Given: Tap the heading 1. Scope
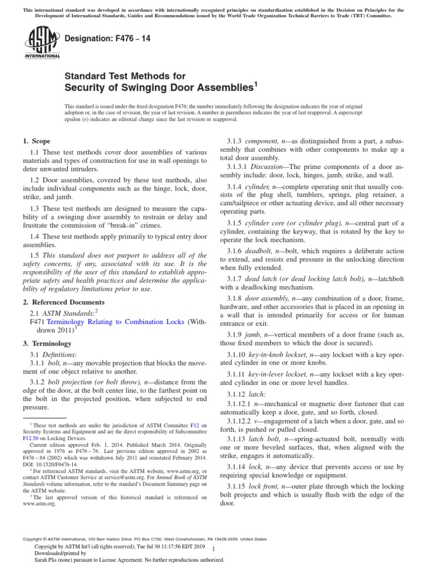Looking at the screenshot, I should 37,142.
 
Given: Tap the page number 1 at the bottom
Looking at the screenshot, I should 213,548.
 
